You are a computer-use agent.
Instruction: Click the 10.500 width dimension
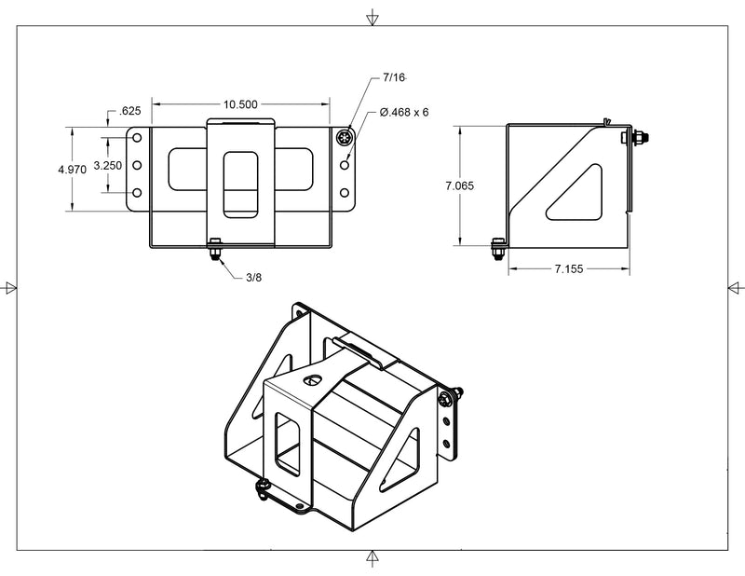[241, 104]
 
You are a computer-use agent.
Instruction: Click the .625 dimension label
[129, 112]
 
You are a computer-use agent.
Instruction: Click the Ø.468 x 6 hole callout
[404, 112]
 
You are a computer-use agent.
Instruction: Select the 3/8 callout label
[254, 277]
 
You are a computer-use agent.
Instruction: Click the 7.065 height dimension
[460, 185]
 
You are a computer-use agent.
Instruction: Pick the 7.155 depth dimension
[570, 269]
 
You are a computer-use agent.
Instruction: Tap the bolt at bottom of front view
[215, 251]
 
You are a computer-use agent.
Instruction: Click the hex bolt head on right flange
[345, 138]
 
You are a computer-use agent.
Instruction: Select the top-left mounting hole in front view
[137, 137]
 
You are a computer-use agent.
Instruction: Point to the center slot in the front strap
[239, 183]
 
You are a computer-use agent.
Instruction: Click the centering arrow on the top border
[372, 18]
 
